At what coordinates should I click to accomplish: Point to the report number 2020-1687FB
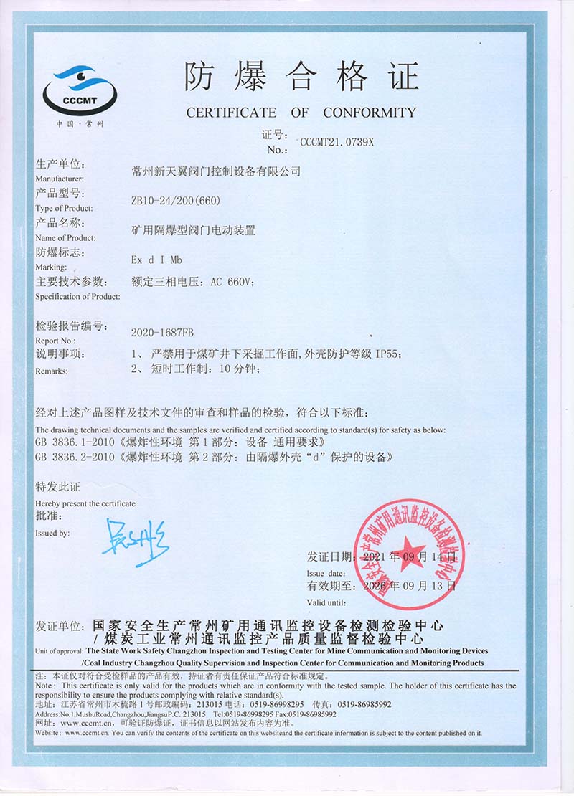point(163,333)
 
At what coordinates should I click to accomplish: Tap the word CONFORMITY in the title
point(369,113)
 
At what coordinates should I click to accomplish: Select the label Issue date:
point(326,573)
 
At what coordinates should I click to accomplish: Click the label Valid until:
point(326,602)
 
